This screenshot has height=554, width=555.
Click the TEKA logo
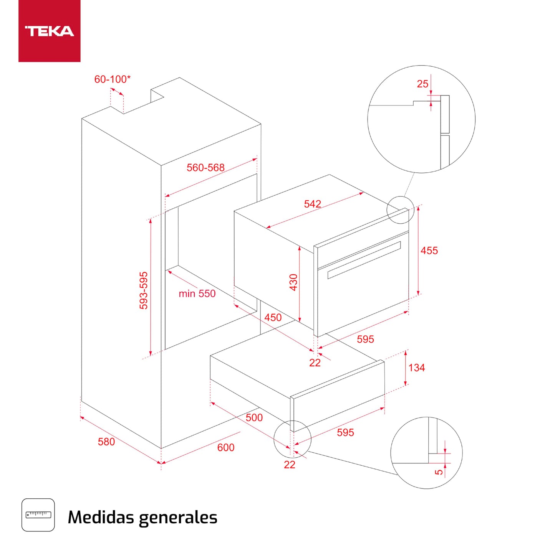click(x=49, y=31)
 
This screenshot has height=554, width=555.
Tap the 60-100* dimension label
click(x=112, y=79)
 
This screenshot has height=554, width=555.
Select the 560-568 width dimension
click(x=205, y=168)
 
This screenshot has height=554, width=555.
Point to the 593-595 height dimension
click(x=144, y=290)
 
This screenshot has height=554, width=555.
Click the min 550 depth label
click(x=197, y=294)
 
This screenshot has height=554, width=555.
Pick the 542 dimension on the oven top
click(x=312, y=204)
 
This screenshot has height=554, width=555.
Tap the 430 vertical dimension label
click(x=294, y=282)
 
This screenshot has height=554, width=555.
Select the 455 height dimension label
click(x=429, y=251)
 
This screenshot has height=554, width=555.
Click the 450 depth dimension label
click(x=273, y=318)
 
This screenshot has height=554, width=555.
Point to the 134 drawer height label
click(x=416, y=368)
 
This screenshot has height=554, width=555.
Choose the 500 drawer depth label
click(x=254, y=417)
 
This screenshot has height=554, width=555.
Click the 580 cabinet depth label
click(x=106, y=442)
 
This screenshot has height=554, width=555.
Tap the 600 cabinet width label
click(x=226, y=448)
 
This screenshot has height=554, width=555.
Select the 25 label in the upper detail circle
click(x=422, y=84)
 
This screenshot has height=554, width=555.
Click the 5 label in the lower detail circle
click(x=439, y=472)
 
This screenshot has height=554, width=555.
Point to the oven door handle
click(x=364, y=260)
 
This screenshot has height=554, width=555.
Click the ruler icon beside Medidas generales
click(x=38, y=515)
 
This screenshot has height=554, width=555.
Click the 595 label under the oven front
click(x=365, y=339)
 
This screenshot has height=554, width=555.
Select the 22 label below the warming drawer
click(x=290, y=465)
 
